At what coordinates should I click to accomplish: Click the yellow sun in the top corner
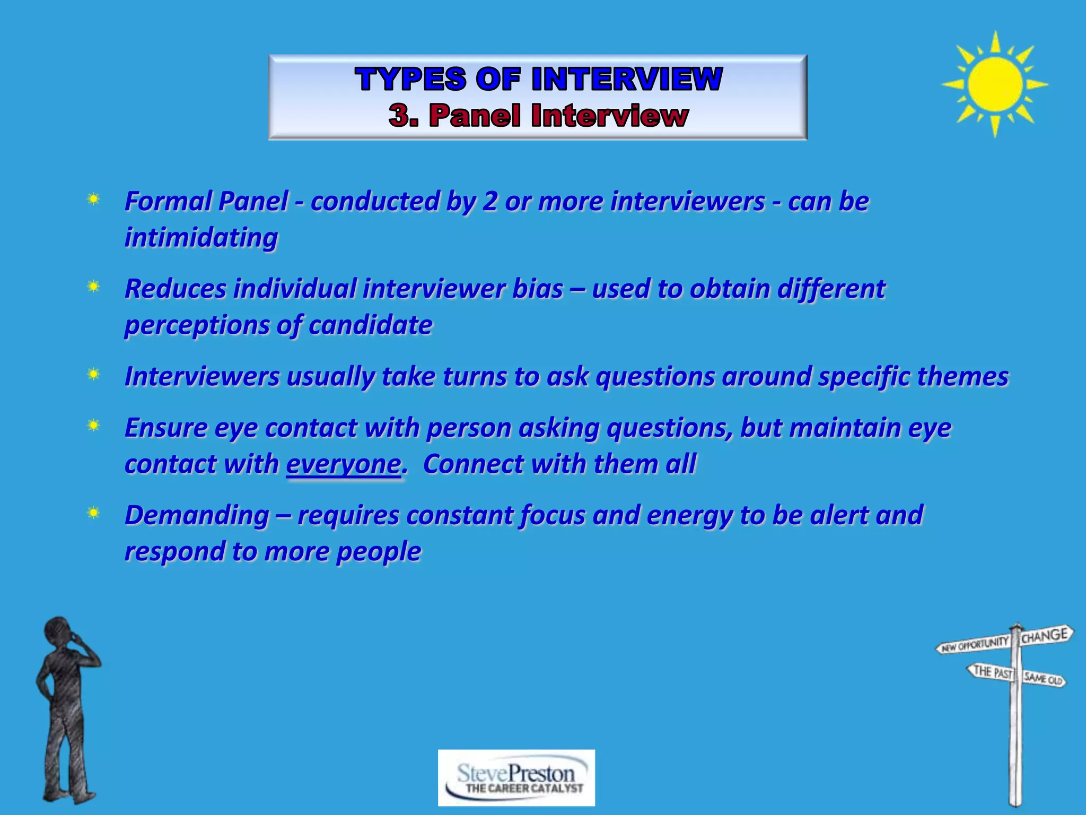[995, 84]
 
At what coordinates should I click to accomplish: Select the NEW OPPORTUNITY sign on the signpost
[975, 644]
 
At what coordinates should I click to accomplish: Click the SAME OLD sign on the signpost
[1043, 679]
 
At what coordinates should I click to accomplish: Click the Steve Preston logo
[516, 777]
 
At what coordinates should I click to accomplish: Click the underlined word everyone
[344, 464]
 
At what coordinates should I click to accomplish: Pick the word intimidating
[201, 237]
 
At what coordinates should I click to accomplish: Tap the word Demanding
[197, 515]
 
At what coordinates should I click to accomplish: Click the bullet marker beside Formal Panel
[93, 200]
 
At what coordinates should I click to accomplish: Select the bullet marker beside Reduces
[93, 287]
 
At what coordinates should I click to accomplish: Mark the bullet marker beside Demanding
[93, 513]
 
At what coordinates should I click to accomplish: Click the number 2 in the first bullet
[489, 202]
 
